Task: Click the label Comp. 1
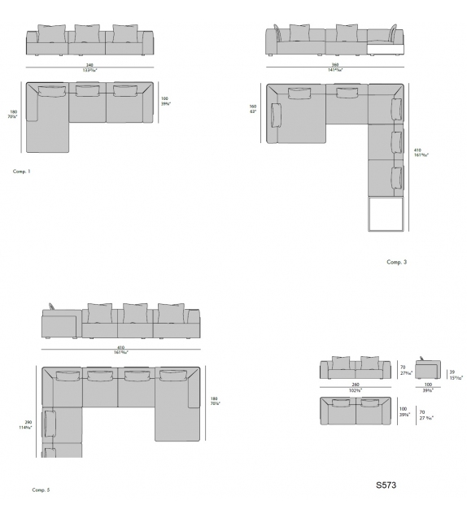point(22,172)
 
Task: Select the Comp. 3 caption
point(396,262)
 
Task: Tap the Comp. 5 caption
point(41,490)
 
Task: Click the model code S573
point(386,485)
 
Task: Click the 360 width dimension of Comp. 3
point(335,65)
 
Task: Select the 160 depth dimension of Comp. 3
point(252,109)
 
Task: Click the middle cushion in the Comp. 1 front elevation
point(87,33)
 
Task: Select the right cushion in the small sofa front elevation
point(370,362)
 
